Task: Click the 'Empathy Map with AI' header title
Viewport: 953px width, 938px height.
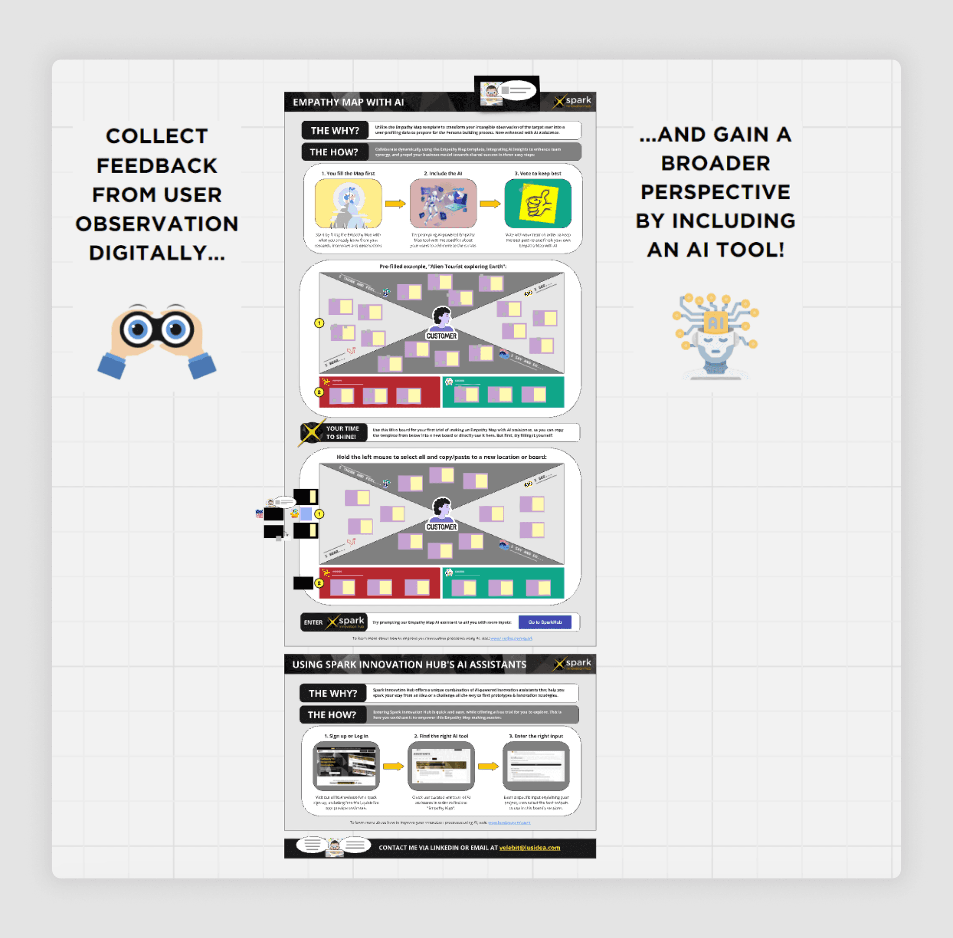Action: (x=348, y=102)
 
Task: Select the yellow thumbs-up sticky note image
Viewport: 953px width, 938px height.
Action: (x=538, y=204)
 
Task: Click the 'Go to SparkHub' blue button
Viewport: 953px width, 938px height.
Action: (x=544, y=622)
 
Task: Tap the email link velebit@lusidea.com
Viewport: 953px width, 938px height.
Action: (x=529, y=848)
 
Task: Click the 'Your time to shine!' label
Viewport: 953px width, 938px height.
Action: (x=342, y=433)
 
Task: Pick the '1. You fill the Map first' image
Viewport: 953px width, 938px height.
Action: (x=348, y=204)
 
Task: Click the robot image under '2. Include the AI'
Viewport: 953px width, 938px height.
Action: (x=443, y=204)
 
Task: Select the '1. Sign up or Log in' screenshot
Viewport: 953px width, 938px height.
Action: (x=346, y=766)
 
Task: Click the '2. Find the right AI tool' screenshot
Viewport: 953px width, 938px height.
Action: (x=441, y=766)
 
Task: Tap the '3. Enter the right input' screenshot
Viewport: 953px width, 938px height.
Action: (x=536, y=766)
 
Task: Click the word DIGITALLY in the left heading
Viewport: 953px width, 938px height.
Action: (x=156, y=253)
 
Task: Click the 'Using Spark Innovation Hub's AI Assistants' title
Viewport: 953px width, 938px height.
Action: (x=409, y=665)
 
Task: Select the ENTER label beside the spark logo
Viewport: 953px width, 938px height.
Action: (x=313, y=622)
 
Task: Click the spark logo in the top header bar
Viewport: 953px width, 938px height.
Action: (x=572, y=102)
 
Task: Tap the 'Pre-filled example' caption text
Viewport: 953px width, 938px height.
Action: (x=443, y=266)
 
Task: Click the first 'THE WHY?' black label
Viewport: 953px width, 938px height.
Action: (x=335, y=130)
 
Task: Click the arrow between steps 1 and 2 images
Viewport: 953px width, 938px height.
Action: (x=395, y=204)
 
